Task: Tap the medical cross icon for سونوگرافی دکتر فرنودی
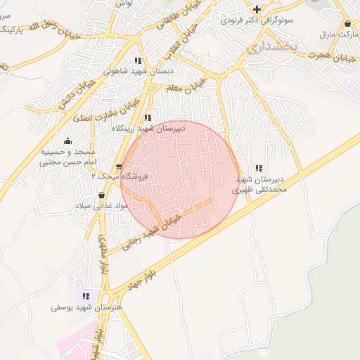coord(257,9)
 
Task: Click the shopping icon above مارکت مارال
coord(347,23)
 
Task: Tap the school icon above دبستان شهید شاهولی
coord(138,60)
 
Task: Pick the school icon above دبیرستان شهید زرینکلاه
coord(148,118)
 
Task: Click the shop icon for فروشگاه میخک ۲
coord(118,167)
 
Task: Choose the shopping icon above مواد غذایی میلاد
coord(103,195)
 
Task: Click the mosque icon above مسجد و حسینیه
coord(67,141)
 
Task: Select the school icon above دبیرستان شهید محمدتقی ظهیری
coord(259,168)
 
